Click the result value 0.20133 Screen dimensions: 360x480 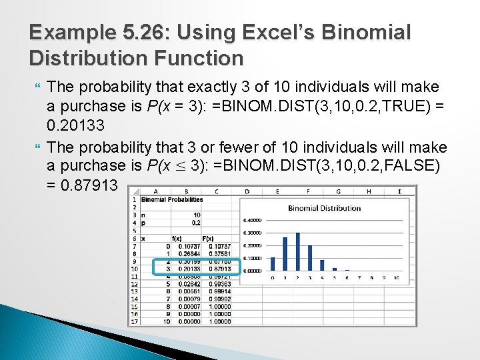coord(75,125)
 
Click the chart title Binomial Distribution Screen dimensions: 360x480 coord(324,208)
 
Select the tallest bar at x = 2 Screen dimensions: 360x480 coord(297,251)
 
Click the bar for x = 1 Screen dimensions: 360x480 coord(285,254)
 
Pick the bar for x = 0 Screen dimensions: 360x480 coord(272,264)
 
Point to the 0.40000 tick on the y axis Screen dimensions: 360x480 coord(252,220)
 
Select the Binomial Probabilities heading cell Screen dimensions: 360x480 coord(172,199)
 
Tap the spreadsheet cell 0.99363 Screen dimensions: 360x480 coord(219,283)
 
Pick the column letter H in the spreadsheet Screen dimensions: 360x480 coord(369,191)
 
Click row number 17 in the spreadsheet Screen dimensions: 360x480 coord(134,321)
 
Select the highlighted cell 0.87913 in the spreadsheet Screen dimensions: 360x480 coord(219,269)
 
